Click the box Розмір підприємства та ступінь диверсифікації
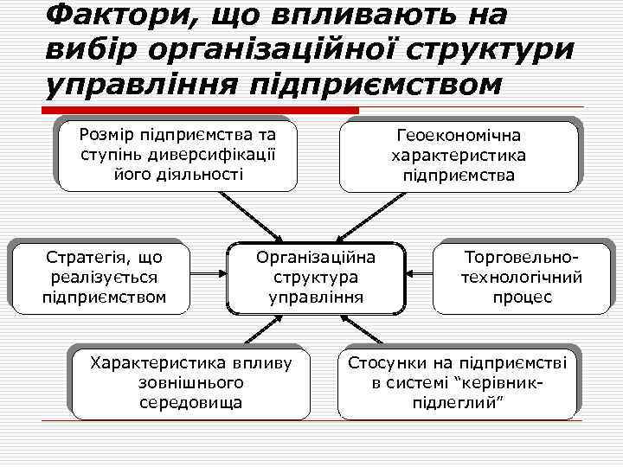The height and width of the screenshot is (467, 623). coord(177,154)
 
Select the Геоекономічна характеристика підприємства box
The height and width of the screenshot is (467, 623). coord(458,156)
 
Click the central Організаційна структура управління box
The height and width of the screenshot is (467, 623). coord(316,278)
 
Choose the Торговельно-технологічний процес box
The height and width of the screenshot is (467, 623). coord(522,278)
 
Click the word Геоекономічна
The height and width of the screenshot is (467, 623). coord(458,136)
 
